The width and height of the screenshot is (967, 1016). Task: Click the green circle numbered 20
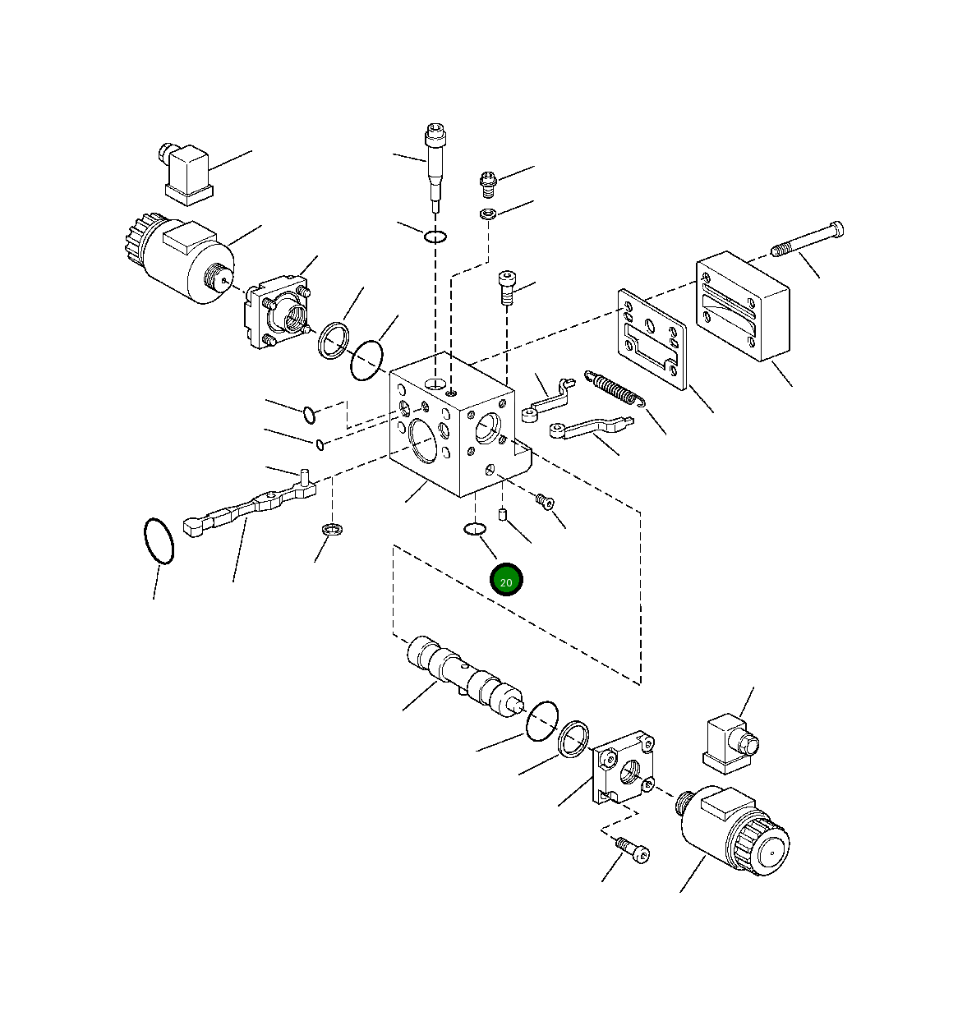point(506,581)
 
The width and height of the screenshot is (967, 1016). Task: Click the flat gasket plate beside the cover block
point(652,338)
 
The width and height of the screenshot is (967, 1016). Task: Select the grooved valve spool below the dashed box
point(464,678)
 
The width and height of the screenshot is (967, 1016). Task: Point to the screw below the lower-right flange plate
point(631,849)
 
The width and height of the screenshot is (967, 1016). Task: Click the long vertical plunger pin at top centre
point(435,168)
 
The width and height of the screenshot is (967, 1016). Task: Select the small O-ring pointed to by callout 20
point(474,529)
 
